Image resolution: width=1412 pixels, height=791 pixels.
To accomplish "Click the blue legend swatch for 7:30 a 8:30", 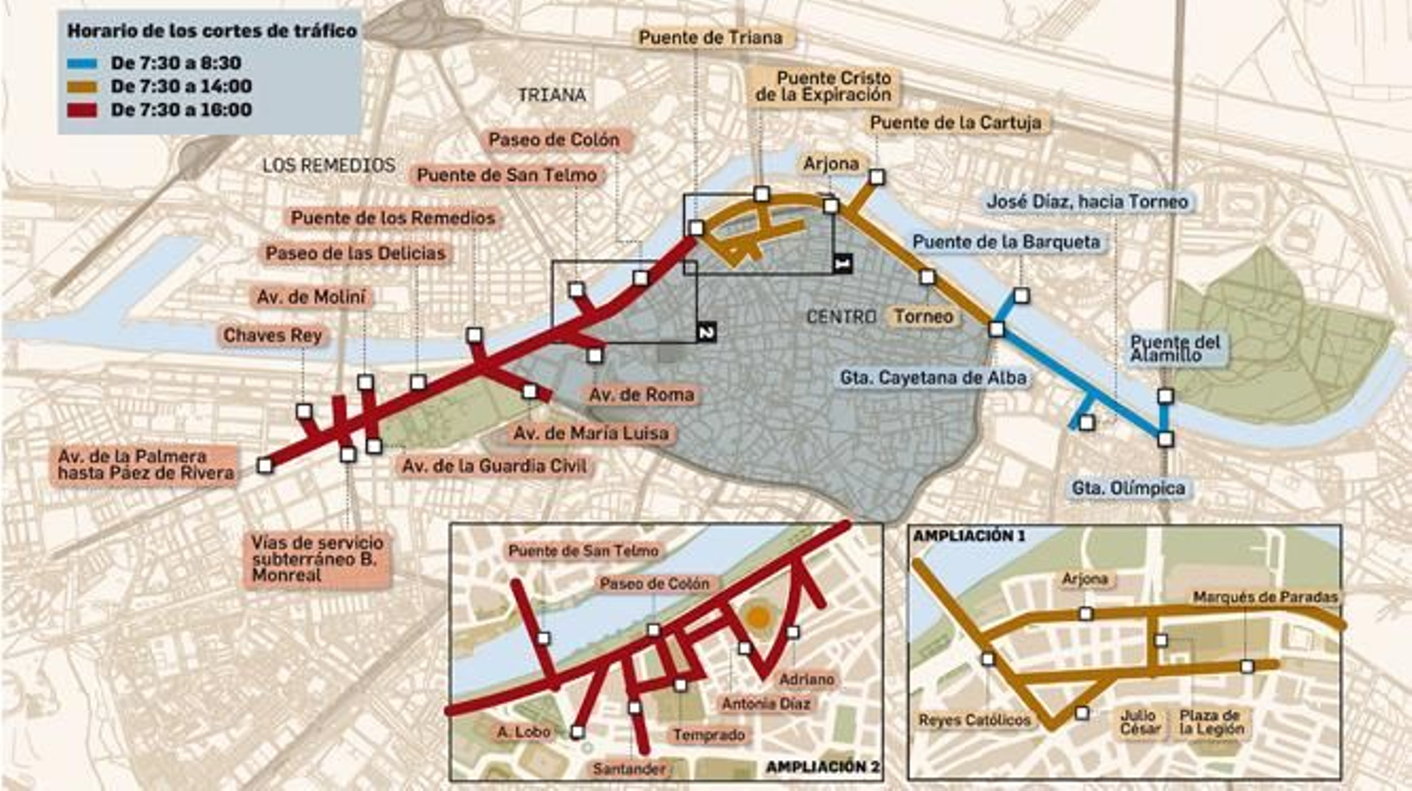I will point(81,63).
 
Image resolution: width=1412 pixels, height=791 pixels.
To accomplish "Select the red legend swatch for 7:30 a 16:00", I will point(81,111).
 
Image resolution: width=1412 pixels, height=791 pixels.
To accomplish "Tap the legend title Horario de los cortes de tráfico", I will point(212,31).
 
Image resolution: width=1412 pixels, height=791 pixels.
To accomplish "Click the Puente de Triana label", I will point(710,38).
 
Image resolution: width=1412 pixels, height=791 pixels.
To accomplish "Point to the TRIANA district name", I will point(552,95).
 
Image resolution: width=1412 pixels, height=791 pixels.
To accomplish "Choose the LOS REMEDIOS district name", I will point(328,166).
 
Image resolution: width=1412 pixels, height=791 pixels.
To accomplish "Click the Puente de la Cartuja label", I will point(955,123).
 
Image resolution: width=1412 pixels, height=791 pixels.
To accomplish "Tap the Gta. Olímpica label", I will point(1128,489).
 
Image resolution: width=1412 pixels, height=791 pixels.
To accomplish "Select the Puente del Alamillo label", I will point(1175,348).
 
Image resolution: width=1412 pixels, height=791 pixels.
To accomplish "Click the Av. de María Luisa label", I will point(591,434).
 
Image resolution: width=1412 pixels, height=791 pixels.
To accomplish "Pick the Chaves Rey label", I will point(272,336).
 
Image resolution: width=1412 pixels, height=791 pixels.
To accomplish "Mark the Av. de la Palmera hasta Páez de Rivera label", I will point(146,465).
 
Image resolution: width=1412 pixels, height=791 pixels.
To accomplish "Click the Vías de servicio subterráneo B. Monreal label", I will point(316,558).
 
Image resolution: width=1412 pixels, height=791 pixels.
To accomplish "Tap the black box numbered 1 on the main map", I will point(842,262).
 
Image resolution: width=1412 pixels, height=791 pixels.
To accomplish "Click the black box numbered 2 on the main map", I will point(705,332).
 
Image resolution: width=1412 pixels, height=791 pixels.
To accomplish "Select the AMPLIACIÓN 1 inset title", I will point(969,536).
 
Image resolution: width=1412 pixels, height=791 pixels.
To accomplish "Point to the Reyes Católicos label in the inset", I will point(974,720).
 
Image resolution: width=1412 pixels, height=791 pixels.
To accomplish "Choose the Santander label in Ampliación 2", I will point(628,769).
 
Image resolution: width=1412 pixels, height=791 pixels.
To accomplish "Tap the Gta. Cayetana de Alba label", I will point(933,378).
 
